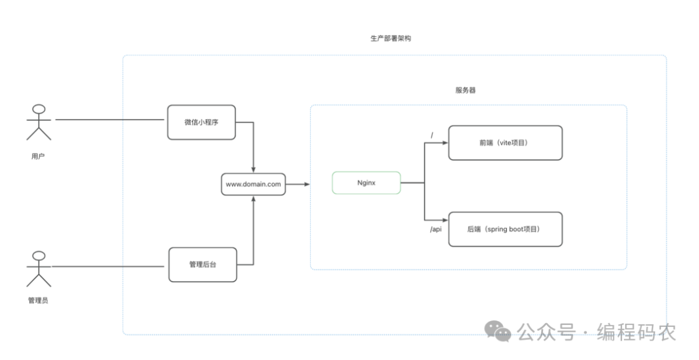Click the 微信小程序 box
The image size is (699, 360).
[201, 122]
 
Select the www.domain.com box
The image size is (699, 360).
[253, 185]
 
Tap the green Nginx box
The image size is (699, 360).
[366, 183]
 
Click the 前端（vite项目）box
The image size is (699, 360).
[505, 142]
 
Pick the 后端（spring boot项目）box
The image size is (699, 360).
[505, 229]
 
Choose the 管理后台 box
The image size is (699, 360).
[202, 264]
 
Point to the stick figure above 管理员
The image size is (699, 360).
[39, 268]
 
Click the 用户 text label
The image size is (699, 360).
[38, 156]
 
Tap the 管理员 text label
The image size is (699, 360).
[38, 300]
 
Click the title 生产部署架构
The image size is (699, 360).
[390, 38]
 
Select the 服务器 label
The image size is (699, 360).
[465, 90]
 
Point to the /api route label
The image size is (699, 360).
[436, 229]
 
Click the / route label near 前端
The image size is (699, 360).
[432, 135]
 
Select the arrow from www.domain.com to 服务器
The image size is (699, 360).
[297, 185]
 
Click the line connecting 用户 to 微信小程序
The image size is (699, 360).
[110, 119]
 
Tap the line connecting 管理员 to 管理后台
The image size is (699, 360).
[107, 266]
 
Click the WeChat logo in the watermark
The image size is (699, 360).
[498, 332]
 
